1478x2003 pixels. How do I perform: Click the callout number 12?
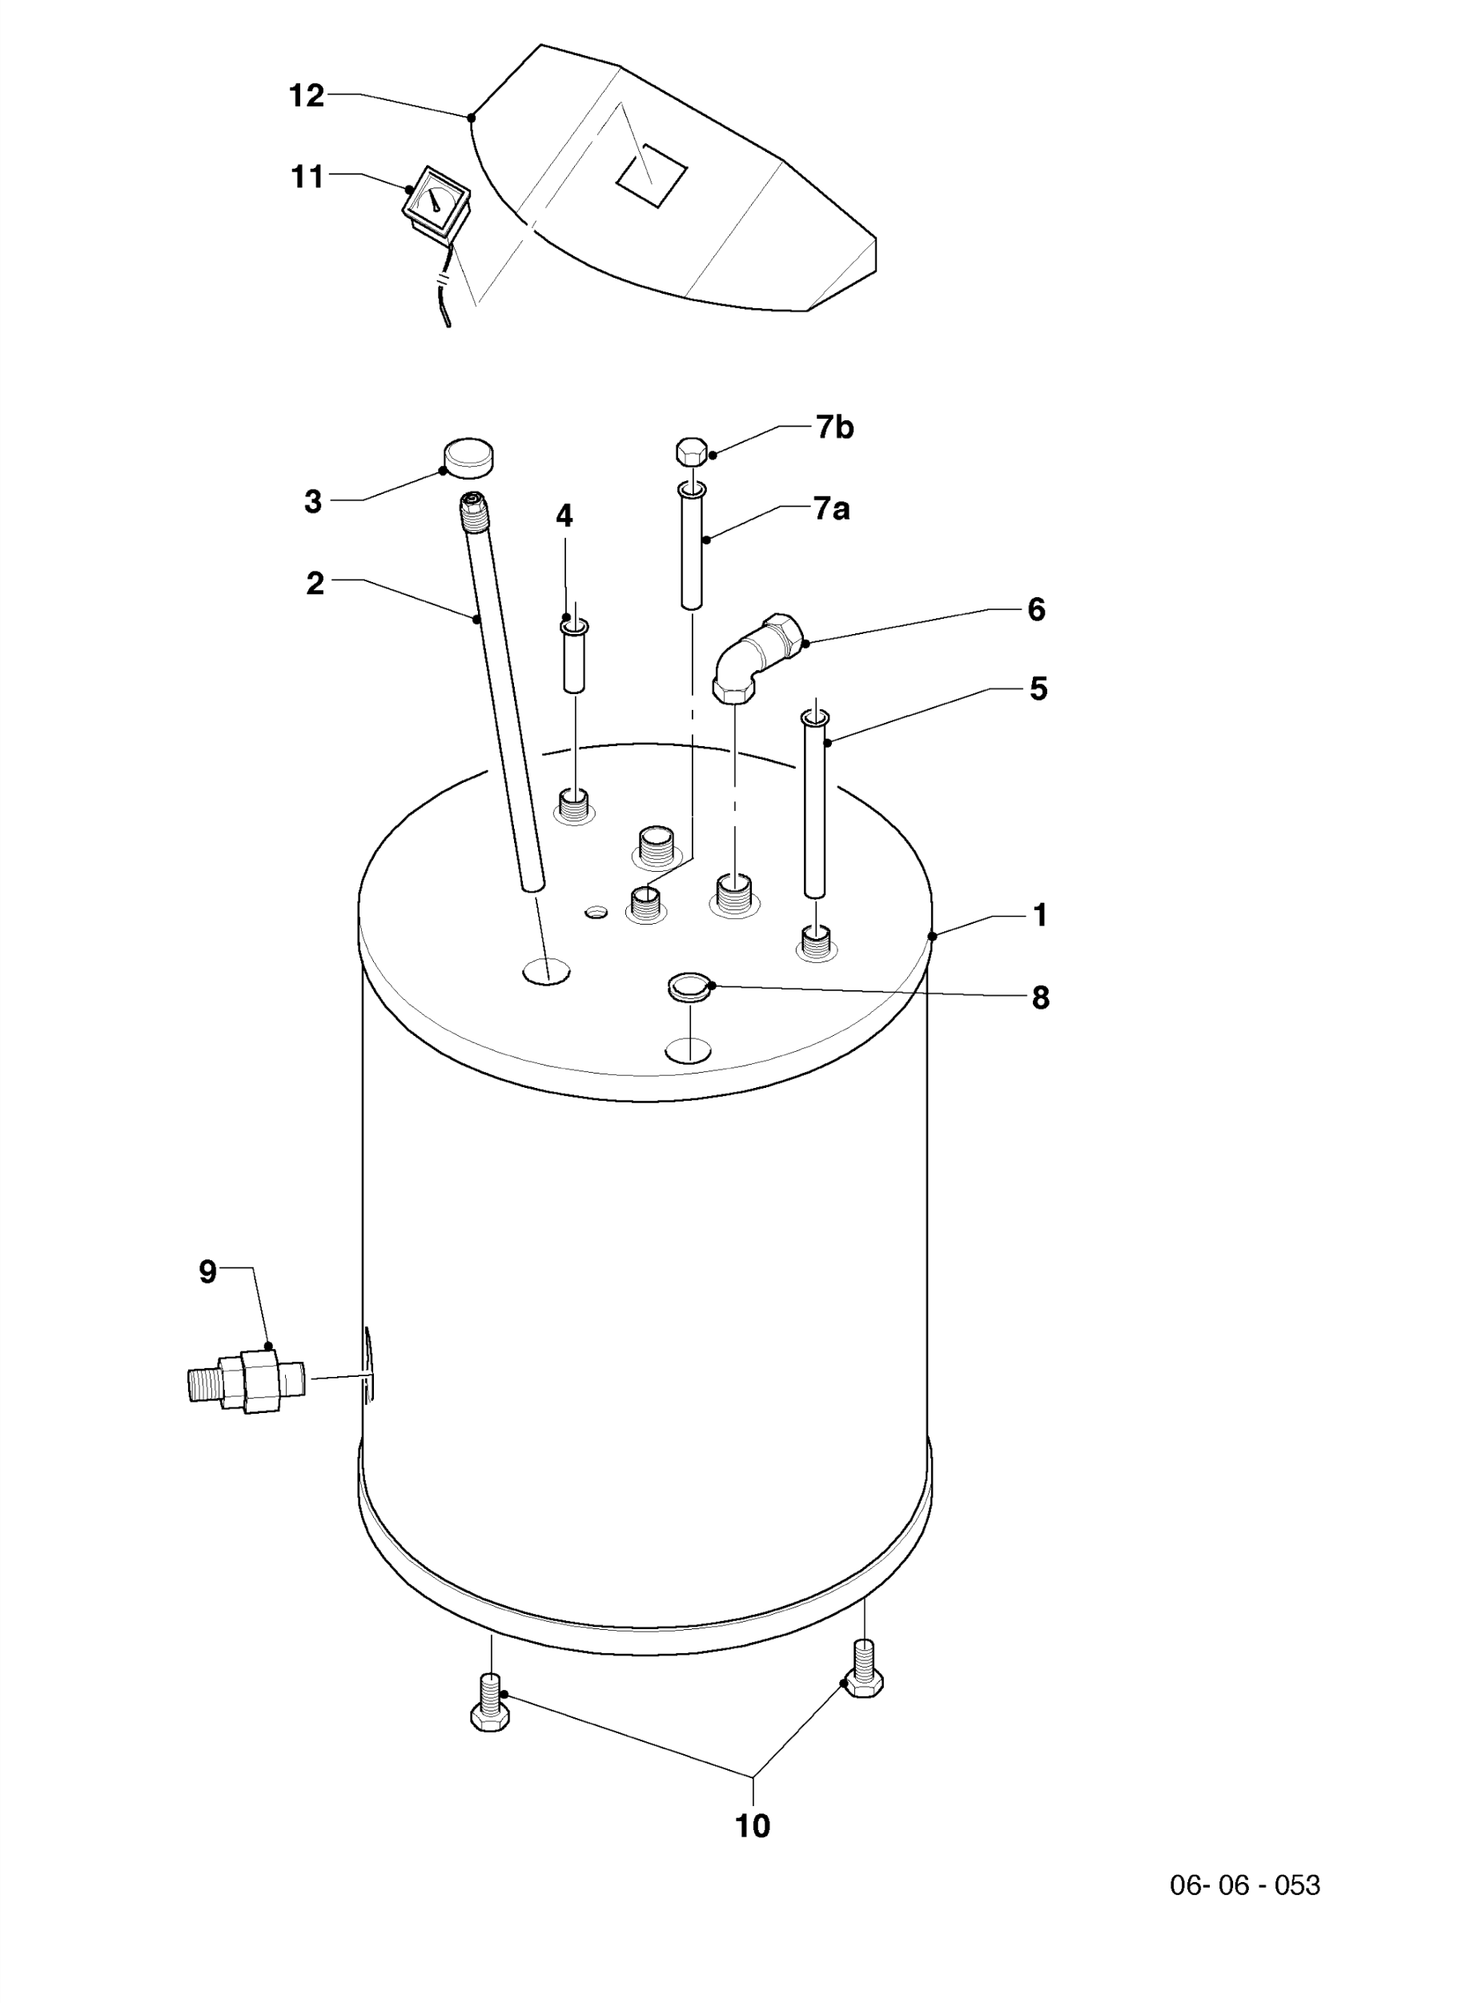[x=306, y=96]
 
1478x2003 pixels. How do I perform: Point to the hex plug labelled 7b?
[x=692, y=451]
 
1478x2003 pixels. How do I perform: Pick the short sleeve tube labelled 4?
[x=573, y=656]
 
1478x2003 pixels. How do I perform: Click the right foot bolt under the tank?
[x=863, y=1668]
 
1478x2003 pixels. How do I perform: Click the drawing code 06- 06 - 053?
[x=1244, y=1885]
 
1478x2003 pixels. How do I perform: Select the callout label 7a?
[x=832, y=509]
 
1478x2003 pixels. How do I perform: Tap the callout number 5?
[x=1038, y=688]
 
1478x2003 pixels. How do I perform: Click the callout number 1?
[x=1039, y=915]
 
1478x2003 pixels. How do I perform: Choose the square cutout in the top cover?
[x=651, y=175]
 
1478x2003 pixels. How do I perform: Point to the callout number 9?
[x=207, y=1271]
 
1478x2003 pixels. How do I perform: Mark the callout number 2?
[x=315, y=584]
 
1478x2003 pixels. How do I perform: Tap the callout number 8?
[x=1039, y=997]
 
